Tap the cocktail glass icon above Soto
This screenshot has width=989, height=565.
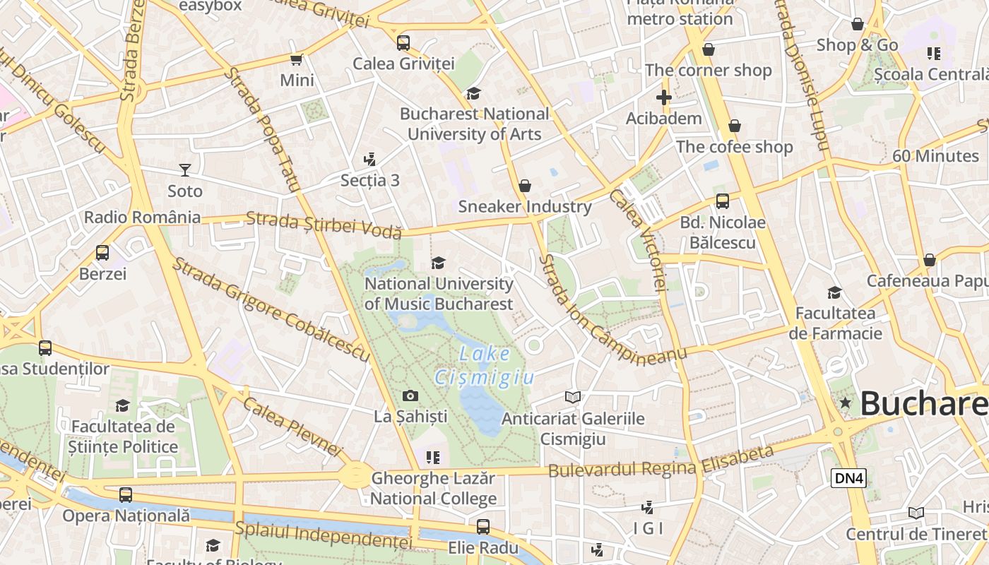coord(184,170)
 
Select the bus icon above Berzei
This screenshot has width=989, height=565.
coord(102,253)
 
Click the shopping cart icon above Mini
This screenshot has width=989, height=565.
coord(297,60)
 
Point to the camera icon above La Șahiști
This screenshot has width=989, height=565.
coord(410,396)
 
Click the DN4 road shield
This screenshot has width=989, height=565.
coord(848,478)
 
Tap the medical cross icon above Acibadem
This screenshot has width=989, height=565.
coord(663,97)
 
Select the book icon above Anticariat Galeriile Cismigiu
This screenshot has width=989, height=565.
coord(573,398)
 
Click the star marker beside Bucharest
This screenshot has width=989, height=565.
coord(845,403)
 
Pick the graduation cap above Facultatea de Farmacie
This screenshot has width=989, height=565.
coord(834,292)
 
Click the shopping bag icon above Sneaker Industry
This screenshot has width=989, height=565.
coord(525,186)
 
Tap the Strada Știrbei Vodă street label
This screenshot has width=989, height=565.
coord(324,225)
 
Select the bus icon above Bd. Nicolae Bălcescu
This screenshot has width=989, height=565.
coord(723,201)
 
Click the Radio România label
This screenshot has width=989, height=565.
coord(142,217)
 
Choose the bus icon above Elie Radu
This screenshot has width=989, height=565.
coord(483,527)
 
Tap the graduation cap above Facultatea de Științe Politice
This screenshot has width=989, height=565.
coord(123,406)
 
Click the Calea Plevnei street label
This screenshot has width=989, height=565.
coord(292,425)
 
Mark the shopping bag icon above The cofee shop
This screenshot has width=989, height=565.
coord(735,126)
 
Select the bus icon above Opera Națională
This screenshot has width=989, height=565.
coord(126,495)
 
